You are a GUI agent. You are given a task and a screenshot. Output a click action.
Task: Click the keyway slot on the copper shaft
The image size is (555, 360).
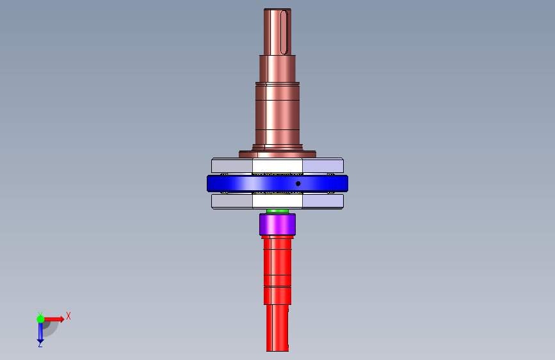point(284,32)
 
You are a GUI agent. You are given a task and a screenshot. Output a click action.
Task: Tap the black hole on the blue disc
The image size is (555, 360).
point(298,184)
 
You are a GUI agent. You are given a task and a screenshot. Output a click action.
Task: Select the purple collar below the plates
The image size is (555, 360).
point(278,224)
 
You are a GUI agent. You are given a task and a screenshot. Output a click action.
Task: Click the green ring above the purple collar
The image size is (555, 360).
point(278,211)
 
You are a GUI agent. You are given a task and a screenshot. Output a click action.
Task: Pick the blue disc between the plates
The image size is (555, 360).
point(278,184)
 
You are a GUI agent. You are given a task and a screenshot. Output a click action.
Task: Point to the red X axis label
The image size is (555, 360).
point(68,316)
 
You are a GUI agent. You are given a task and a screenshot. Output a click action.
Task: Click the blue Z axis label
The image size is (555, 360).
point(40,344)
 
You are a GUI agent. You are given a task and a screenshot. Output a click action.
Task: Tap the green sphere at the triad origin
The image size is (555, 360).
point(40,319)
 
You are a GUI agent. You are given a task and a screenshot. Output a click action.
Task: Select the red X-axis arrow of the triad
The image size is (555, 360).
point(54,319)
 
